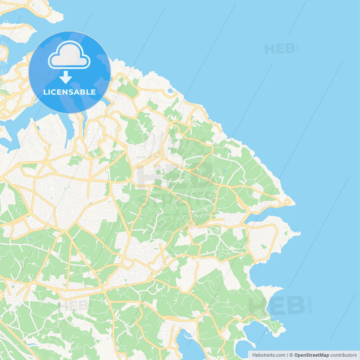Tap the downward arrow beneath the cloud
(66, 77)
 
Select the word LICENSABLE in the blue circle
(69, 92)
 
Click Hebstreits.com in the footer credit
(269, 355)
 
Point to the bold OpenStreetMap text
(312, 355)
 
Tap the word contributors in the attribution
(343, 355)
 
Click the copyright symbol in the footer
(291, 355)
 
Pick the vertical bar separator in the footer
(287, 355)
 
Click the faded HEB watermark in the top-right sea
(280, 49)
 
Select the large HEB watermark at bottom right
(277, 305)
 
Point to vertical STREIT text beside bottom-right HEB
(310, 304)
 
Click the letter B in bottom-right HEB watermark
(295, 305)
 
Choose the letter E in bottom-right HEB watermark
(277, 305)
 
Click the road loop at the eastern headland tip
(287, 201)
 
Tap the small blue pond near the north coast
(170, 91)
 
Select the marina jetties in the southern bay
(186, 335)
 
